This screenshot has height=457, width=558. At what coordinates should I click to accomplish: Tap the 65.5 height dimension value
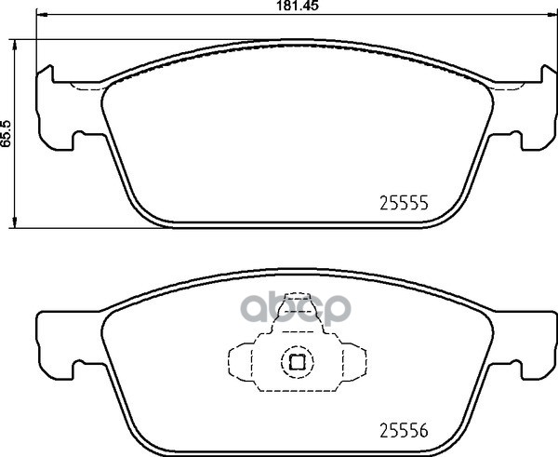pyautogui.click(x=7, y=134)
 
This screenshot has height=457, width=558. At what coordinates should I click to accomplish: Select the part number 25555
pyautogui.click(x=404, y=204)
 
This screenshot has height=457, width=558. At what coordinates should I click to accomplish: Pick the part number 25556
pyautogui.click(x=404, y=431)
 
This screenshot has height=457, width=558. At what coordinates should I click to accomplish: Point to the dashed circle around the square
pyautogui.click(x=298, y=346)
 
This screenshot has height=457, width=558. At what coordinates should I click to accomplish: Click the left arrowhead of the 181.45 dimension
pyautogui.click(x=42, y=15)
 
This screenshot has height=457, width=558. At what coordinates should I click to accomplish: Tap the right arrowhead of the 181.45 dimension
pyautogui.click(x=551, y=15)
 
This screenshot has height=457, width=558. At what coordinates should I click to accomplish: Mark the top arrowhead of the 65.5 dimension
pyautogui.click(x=14, y=45)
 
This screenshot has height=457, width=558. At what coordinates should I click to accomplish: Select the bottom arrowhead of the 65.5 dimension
pyautogui.click(x=14, y=222)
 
